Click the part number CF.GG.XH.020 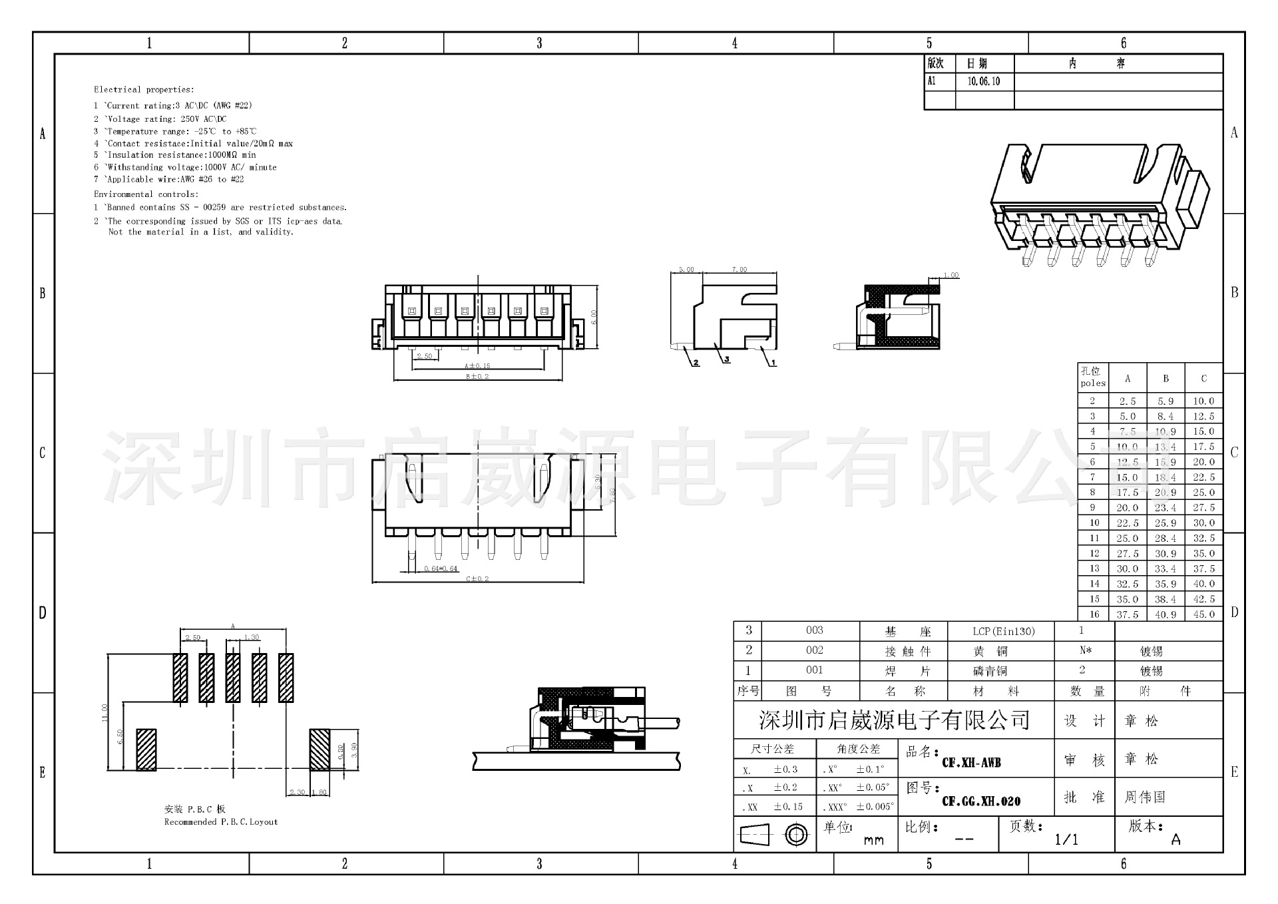point(980,801)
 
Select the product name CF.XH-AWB point(971,763)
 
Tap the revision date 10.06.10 point(983,81)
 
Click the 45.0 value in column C point(1203,614)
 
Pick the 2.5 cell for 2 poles point(1128,401)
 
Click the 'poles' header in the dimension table point(1092,383)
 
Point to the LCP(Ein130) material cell point(1003,631)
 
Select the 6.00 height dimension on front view point(594,317)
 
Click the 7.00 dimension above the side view point(739,270)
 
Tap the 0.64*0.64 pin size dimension point(441,568)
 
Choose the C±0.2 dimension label point(477,578)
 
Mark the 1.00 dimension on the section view point(951,275)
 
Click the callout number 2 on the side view point(696,363)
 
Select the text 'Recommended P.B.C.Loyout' point(221,822)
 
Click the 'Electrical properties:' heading point(144,89)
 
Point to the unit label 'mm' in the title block point(873,840)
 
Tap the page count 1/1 point(1066,839)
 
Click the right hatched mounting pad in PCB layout point(319,750)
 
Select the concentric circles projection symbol point(796,834)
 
